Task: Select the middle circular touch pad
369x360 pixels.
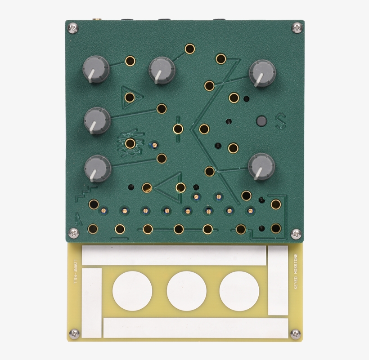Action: (186, 290)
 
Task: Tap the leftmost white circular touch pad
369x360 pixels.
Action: (132, 290)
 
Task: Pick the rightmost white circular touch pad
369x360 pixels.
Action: (239, 290)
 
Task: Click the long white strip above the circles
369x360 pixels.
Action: (174, 256)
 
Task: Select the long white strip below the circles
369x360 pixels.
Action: (195, 328)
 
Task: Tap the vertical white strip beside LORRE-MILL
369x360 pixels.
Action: (92, 302)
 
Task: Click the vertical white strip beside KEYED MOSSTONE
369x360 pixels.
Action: (278, 280)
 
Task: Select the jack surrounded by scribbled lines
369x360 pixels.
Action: (130, 143)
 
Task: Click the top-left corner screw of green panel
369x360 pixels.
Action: (72, 28)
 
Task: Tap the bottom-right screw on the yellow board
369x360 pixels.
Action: (295, 333)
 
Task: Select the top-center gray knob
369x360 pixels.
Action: (161, 70)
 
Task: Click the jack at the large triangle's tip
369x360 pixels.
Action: (146, 188)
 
